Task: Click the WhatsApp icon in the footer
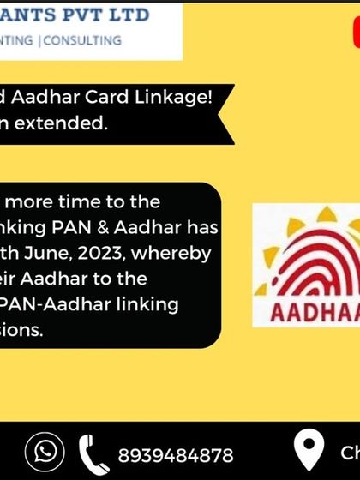tap(45, 452)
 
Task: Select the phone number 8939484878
tap(175, 453)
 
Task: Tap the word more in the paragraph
tap(33, 201)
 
